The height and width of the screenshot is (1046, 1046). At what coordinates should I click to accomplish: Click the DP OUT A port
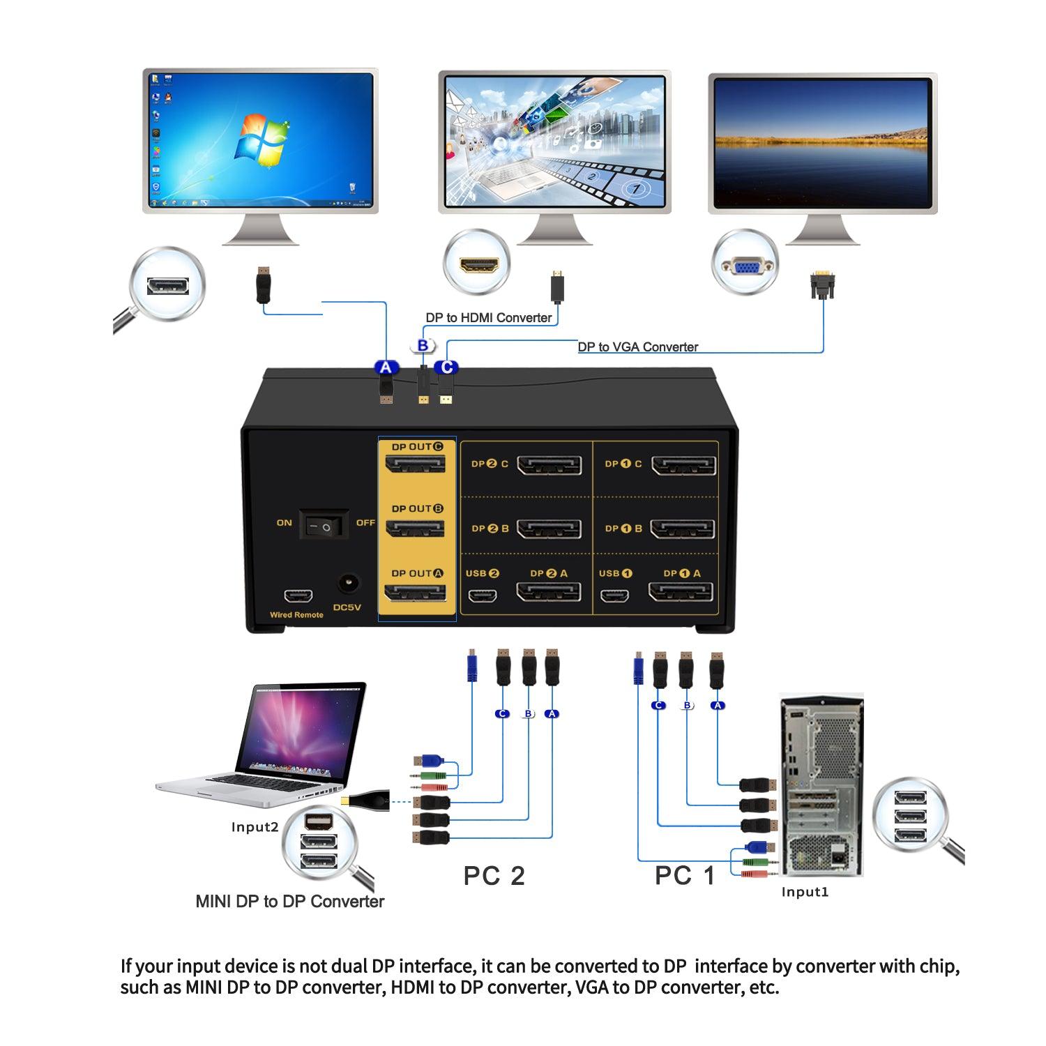416,593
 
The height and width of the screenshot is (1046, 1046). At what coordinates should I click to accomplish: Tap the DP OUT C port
416,465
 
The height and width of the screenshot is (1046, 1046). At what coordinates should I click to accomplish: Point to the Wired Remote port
297,597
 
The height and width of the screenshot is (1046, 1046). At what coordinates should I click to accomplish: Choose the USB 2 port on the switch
482,596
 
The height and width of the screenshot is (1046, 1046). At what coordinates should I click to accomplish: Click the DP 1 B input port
683,529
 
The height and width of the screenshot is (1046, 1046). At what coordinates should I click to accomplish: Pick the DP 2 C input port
549,465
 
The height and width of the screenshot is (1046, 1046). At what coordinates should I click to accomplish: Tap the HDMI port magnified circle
479,265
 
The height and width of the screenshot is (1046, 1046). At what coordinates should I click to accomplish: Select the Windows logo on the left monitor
261,139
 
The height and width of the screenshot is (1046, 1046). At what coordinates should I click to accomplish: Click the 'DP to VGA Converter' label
637,347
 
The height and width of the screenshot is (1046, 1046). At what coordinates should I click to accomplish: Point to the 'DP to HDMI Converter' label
489,318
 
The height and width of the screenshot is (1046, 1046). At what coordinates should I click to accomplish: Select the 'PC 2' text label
494,876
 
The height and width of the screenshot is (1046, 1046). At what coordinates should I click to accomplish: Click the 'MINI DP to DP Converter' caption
289,902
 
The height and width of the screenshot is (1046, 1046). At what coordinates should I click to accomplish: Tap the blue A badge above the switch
386,367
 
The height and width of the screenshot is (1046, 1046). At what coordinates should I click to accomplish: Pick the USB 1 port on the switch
616,596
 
